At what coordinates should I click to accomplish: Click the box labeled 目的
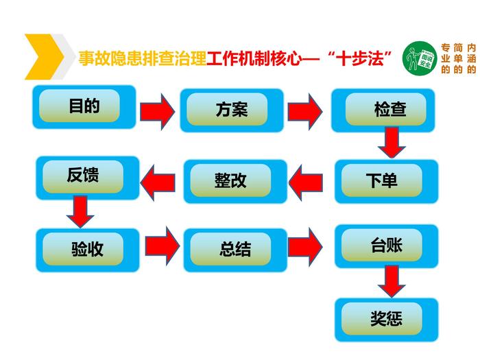point(84,108)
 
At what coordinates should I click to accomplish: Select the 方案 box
point(231,110)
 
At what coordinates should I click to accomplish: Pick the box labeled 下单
point(386,181)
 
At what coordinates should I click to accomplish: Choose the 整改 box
point(230,181)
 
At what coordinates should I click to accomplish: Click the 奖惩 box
point(386,319)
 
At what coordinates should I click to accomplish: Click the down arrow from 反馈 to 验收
point(80,211)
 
